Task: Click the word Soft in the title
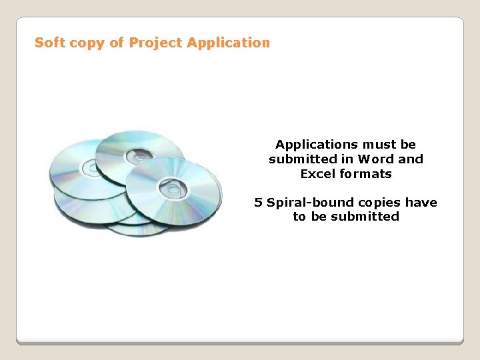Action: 48,43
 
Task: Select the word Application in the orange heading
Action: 229,43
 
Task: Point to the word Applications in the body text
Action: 317,145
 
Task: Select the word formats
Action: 366,174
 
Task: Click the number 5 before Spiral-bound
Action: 258,202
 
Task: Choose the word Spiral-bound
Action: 309,202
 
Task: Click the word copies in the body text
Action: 379,202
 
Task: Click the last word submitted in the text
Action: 365,217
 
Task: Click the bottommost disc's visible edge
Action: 137,232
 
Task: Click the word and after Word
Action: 411,159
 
